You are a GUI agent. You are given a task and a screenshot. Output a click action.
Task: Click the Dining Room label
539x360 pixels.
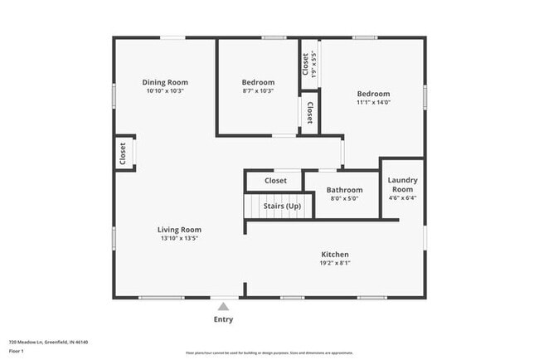[x=165, y=82]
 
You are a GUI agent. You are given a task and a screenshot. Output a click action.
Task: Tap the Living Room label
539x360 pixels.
[x=180, y=230]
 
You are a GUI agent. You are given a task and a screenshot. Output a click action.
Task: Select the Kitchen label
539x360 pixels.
[x=335, y=255]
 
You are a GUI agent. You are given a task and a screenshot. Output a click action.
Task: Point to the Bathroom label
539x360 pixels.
[x=344, y=190]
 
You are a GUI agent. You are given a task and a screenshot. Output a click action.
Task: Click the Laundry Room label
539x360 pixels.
[x=403, y=184]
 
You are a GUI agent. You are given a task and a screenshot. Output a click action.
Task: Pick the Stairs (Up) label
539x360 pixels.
[x=282, y=206]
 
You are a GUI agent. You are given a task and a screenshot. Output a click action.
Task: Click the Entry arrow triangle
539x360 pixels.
[x=223, y=307]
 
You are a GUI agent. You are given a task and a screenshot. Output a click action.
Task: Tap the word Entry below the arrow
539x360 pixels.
[x=223, y=319]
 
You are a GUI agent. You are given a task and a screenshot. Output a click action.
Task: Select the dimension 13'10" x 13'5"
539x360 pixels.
[x=180, y=239]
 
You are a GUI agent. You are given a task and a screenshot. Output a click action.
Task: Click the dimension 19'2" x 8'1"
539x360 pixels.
[x=335, y=264]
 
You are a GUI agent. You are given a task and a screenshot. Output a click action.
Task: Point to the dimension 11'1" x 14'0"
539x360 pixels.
[x=373, y=103]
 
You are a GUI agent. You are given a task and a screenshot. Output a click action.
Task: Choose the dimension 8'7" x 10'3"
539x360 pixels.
[x=258, y=91]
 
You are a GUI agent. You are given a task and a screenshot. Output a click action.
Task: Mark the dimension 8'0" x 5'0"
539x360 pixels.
[x=344, y=199]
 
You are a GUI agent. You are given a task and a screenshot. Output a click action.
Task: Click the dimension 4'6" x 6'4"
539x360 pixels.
[x=403, y=198]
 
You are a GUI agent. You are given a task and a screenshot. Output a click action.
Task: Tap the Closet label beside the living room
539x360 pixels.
[x=123, y=154]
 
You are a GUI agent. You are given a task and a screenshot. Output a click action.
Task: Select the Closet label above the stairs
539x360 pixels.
[x=275, y=180]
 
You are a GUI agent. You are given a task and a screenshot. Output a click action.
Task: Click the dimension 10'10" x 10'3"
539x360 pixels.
[x=165, y=91]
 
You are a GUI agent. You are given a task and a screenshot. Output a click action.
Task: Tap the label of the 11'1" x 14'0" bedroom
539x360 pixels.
[x=373, y=94]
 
